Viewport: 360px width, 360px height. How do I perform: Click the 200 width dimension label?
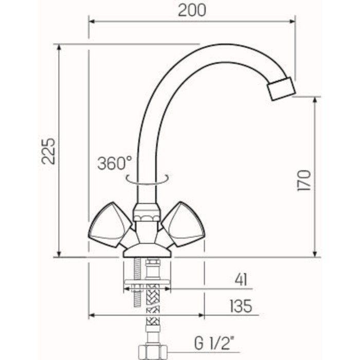click(x=192, y=10)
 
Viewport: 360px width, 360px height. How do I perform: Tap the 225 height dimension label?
click(x=48, y=150)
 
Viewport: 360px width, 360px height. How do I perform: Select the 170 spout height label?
click(x=303, y=180)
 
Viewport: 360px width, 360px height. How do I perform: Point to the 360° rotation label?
click(x=115, y=164)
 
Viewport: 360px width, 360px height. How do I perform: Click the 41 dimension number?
click(x=240, y=280)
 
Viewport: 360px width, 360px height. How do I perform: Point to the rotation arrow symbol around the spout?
click(x=148, y=178)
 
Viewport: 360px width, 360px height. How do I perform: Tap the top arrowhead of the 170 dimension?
click(x=314, y=100)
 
